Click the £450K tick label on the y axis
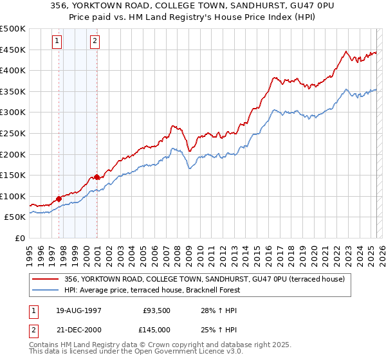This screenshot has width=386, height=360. coord(13,50)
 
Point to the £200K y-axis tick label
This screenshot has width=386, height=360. coord(13,154)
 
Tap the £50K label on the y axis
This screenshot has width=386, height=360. coord(15,217)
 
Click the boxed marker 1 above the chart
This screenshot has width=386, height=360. coord(57,41)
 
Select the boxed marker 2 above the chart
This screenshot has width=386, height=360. coord(95,41)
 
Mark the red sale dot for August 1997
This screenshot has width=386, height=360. coord(59,199)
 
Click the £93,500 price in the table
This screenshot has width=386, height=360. coord(155,311)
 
